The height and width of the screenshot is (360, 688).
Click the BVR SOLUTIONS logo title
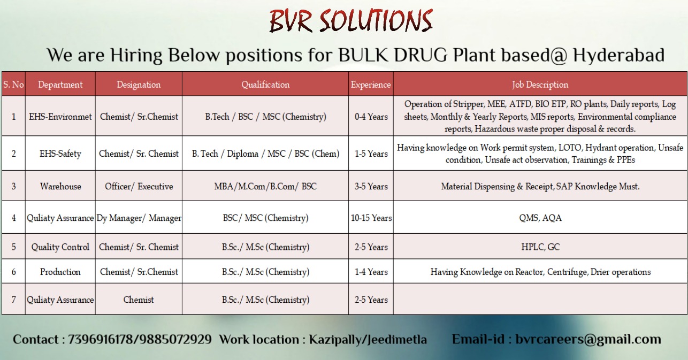click(351, 21)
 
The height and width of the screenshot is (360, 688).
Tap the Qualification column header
click(265, 85)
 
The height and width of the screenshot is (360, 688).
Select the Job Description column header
click(540, 85)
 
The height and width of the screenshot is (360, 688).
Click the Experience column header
click(371, 85)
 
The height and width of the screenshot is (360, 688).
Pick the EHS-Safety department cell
click(60, 154)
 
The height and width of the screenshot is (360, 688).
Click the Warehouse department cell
click(60, 186)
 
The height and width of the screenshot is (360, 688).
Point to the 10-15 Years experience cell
click(371, 218)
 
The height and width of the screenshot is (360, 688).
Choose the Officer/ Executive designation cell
click(139, 186)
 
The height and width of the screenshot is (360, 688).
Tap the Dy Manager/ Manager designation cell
click(139, 218)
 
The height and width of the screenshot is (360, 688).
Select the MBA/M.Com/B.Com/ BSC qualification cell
click(265, 186)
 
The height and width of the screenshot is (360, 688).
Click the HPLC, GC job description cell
click(540, 247)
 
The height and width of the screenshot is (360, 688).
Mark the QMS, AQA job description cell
click(540, 218)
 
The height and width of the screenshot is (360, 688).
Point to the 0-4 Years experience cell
click(371, 117)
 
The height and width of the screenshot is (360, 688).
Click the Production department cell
click(60, 272)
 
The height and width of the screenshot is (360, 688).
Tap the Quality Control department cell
click(60, 247)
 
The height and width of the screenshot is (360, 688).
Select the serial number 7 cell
click(13, 300)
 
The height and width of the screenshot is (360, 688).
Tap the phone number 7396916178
click(102, 340)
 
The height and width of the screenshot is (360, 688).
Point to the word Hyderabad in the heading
click(618, 55)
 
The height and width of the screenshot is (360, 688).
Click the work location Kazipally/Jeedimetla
click(368, 340)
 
